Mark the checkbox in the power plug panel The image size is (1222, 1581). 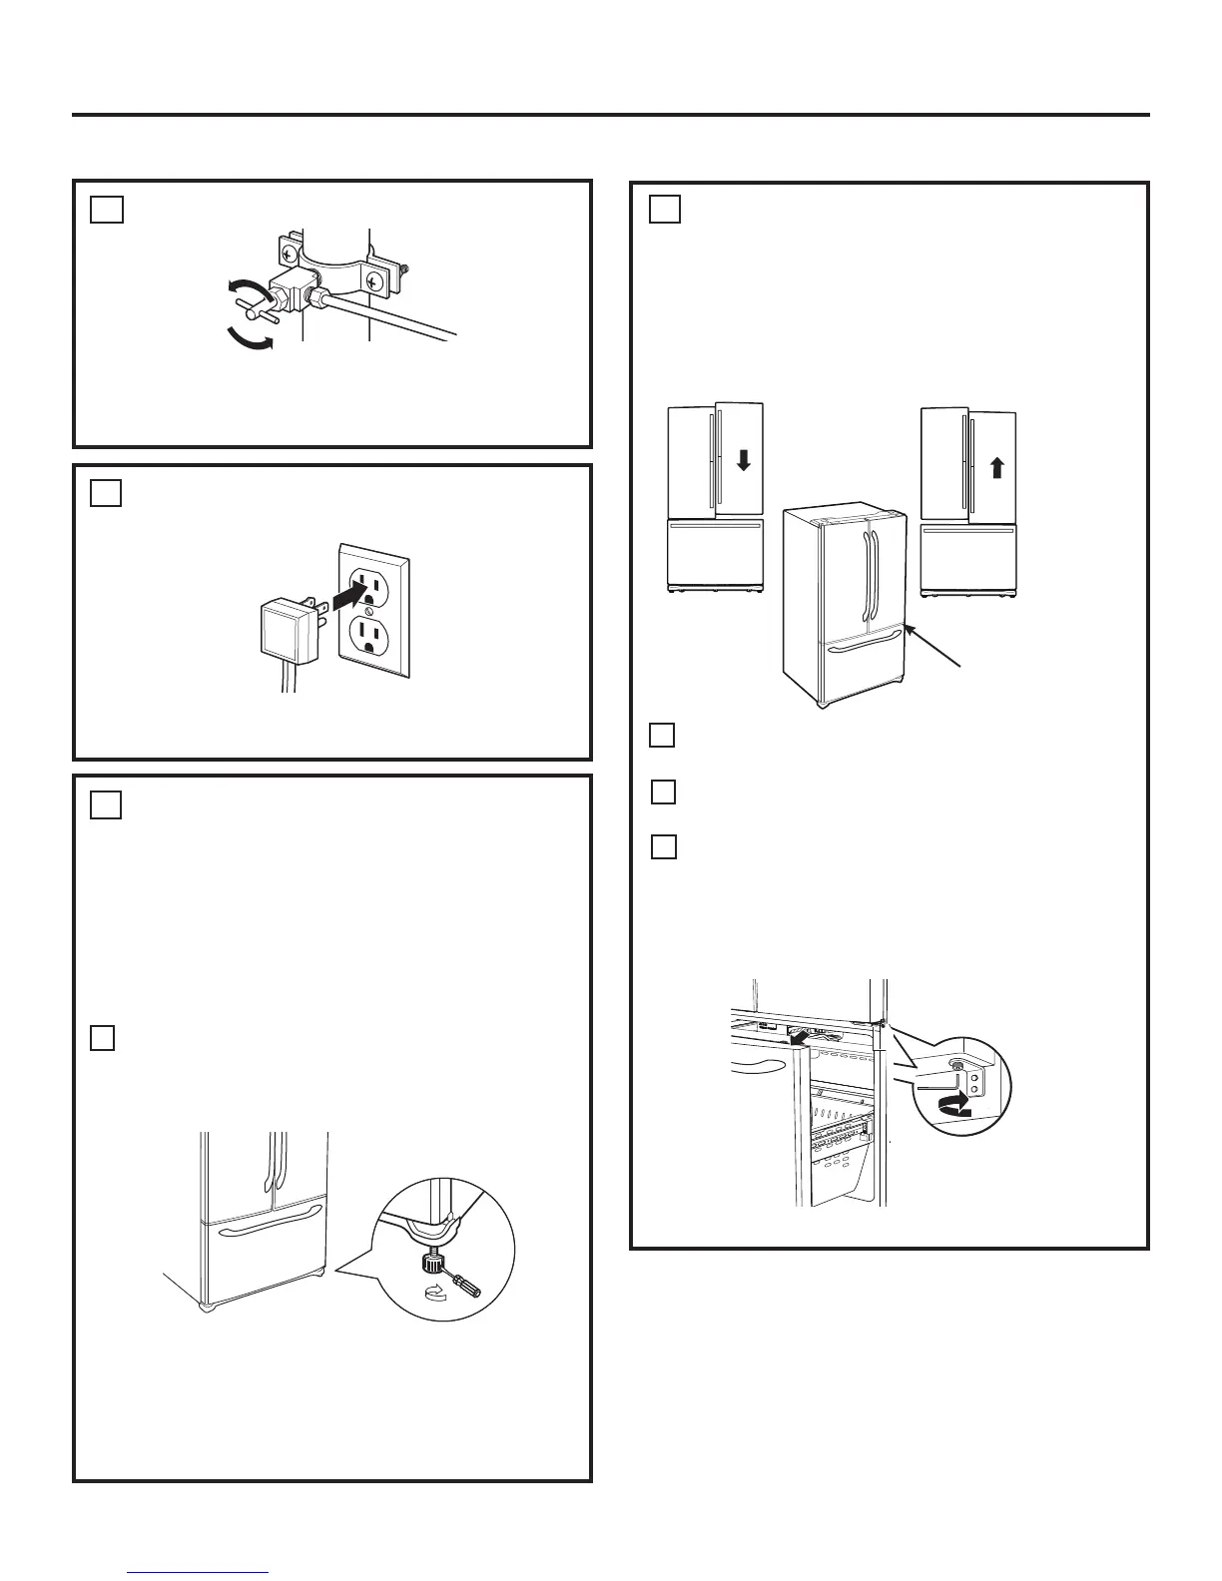point(107,493)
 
